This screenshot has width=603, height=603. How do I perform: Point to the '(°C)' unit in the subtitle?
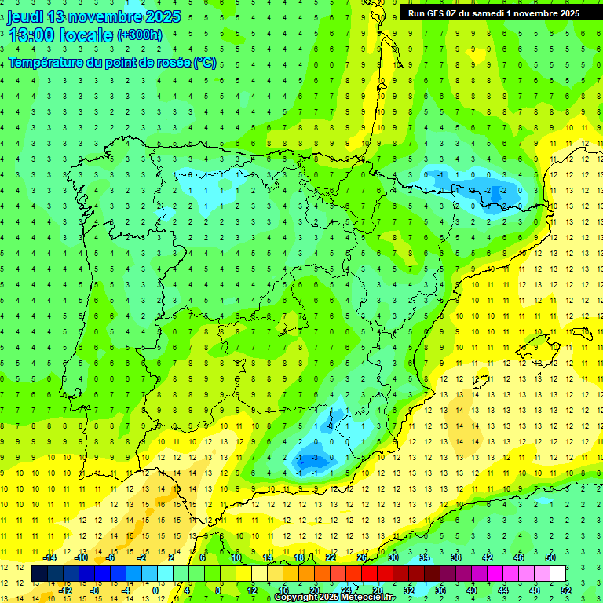coord(204,62)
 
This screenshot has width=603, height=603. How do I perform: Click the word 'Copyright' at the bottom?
coord(296,598)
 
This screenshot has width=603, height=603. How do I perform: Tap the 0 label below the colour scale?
coord(155,590)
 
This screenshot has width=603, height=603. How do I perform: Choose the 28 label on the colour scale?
coord(378,590)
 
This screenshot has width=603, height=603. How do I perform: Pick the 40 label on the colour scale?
coord(471,590)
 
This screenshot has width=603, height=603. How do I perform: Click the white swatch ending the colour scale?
coord(558,574)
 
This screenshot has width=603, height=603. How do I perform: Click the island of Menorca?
coord(583,334)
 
